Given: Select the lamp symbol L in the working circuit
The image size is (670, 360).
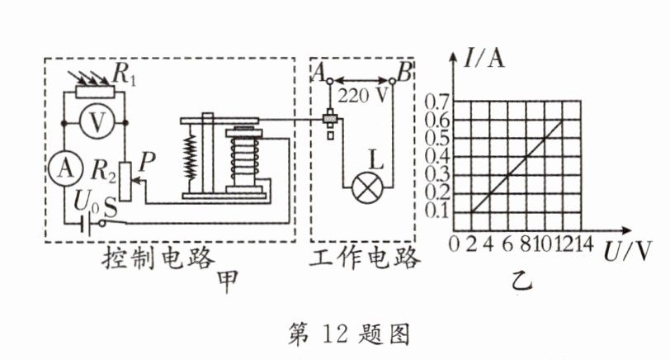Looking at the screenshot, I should coord(363,187).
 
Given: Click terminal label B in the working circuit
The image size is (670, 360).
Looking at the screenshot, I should coord(403,73).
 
